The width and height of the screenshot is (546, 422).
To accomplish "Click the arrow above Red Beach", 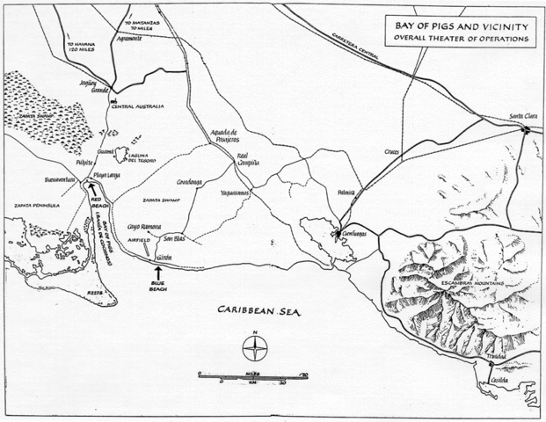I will (91, 188).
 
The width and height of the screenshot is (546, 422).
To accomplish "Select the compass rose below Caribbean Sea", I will (254, 351).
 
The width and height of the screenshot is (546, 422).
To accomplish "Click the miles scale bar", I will (254, 376).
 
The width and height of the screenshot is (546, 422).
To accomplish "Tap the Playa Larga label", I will (109, 176).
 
